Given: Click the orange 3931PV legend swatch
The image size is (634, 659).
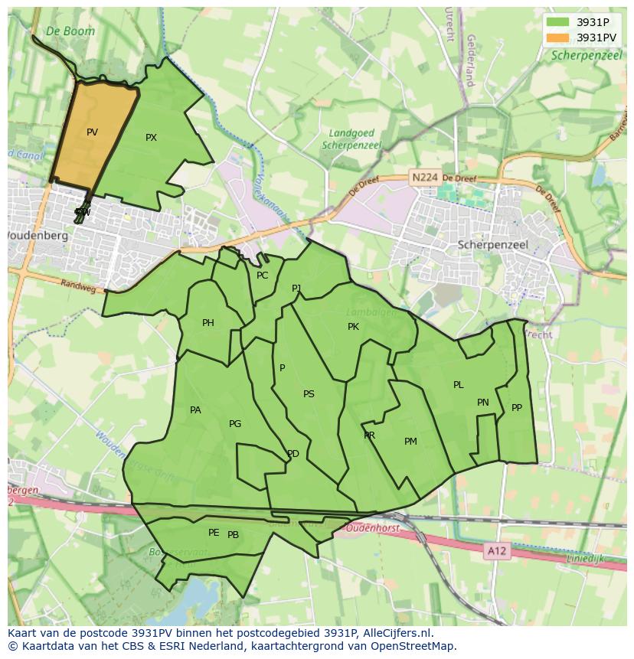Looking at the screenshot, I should point(558,38).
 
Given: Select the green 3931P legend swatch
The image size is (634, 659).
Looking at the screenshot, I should point(558,22).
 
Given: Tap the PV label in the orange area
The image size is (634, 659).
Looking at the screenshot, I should point(92,132).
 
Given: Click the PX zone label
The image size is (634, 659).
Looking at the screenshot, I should point(151,138).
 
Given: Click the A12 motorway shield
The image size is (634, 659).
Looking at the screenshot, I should point(497,550).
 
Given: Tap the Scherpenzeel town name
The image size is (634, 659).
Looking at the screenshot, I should point(492,245).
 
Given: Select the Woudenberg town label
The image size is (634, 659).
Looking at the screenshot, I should point(37,236).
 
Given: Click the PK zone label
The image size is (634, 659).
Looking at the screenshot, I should point(353,327).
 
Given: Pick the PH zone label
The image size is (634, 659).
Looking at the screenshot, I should point(208,323).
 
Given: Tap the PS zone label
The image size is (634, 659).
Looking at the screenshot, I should point(309,394).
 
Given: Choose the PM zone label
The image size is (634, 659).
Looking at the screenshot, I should point(410,442).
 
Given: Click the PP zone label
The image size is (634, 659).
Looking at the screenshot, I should point(517,408).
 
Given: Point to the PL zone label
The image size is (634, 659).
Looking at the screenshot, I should point(458,385).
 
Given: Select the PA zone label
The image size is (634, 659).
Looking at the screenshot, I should point(195,410).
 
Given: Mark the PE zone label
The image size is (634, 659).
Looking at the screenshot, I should point(214,533).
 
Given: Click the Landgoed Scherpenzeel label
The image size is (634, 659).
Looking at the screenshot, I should point(351,139).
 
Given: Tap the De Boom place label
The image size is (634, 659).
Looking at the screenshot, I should point(70,31).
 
